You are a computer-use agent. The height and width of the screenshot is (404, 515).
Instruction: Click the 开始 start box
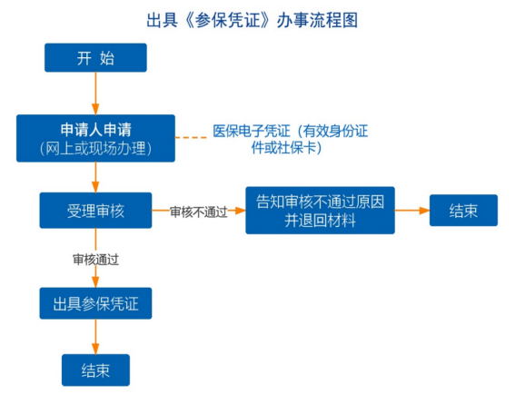95,58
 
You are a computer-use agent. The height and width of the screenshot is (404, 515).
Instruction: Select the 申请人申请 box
95,138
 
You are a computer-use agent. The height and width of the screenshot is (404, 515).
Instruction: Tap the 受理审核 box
95,211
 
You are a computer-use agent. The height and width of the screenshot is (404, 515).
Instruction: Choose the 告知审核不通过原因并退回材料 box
320,211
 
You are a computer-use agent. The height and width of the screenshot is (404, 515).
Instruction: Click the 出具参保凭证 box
95,303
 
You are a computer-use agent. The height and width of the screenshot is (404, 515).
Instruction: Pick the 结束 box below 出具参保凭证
95,370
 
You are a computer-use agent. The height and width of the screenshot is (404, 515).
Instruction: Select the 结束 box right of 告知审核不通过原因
463,211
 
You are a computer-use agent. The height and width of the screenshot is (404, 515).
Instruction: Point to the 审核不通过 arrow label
198,212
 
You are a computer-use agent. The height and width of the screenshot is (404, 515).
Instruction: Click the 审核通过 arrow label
95,260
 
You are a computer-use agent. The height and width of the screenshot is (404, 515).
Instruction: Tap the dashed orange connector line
191,137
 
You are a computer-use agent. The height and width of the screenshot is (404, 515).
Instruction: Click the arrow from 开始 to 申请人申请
95,94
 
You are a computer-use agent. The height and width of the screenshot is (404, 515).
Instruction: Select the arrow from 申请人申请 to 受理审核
95,177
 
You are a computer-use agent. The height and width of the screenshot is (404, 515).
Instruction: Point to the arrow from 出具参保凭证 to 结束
95,337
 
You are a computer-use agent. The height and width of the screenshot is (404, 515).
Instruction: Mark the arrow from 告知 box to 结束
411,211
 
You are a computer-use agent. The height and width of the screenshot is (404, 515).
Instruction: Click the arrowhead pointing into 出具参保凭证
95,282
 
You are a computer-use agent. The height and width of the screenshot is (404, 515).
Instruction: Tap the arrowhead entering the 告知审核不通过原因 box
241,211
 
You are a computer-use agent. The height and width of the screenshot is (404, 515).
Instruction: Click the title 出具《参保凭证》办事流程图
252,20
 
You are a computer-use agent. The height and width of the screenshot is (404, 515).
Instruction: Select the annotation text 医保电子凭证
252,131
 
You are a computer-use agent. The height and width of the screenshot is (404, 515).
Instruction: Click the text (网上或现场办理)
95,148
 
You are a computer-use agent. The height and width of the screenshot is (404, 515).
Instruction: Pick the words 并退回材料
320,221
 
